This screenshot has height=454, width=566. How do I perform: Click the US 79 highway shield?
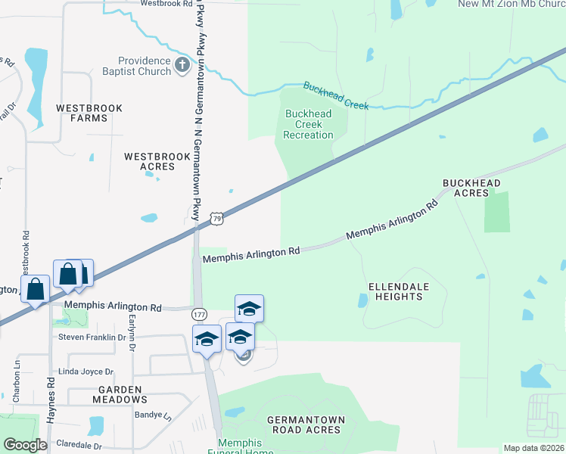click(217, 219)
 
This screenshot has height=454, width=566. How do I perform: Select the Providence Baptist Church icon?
click(182, 66)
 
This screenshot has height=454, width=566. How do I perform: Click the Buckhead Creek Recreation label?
click(308, 124)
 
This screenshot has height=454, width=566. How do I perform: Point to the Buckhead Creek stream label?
click(336, 95)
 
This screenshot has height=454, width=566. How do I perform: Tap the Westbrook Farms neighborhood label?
click(89, 113)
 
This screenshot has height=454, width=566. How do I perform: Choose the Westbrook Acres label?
click(157, 161)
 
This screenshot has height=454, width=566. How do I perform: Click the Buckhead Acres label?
click(471, 188)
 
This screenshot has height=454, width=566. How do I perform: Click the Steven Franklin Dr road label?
click(92, 337)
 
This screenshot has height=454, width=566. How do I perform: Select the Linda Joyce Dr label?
click(86, 372)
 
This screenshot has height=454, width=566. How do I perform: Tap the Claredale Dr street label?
click(78, 446)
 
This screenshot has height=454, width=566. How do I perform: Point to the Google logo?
click(25, 445)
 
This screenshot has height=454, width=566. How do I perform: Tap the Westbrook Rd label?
click(167, 4)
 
